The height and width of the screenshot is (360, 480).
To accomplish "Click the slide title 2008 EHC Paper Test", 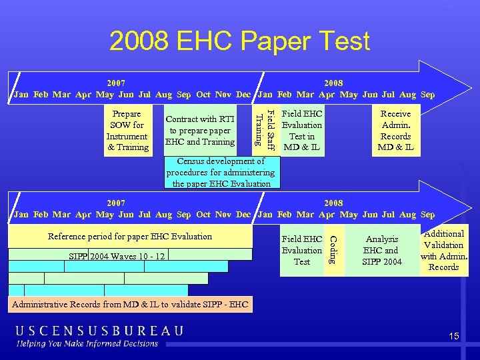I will (239, 41).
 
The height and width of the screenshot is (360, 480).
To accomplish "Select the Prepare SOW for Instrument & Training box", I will (127, 130).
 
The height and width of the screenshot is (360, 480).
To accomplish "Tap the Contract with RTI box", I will (200, 130).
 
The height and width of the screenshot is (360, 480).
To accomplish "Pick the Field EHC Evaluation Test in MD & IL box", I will (302, 130).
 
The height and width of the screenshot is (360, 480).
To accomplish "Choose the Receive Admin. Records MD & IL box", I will (395, 130).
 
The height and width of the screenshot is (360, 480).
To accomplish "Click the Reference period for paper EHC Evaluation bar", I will (130, 236).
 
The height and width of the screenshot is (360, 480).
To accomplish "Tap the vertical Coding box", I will (334, 250).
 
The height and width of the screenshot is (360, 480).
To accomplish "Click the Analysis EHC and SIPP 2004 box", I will (382, 250).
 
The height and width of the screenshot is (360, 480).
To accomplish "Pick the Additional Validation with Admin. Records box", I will (444, 250).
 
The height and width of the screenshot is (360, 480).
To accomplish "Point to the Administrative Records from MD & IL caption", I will (129, 305).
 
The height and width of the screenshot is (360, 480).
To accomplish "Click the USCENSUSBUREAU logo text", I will (100, 331).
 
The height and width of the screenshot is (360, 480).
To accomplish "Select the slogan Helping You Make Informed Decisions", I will (88, 344).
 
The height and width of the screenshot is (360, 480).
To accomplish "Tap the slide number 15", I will (454, 337).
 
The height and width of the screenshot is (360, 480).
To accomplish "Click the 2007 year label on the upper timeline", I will (117, 83).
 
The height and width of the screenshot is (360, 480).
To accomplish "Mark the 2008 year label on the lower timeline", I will (333, 203).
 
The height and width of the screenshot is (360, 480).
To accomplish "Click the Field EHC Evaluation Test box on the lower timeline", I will (302, 250).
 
